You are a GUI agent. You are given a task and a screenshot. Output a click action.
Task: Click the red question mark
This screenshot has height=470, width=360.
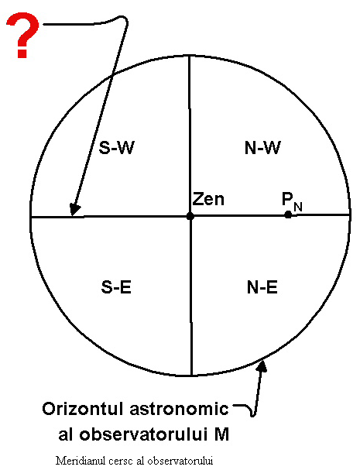(22, 35)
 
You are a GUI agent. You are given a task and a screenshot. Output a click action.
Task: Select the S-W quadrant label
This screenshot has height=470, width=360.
(116, 147)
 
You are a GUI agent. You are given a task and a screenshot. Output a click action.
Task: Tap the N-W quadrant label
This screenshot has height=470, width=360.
(262, 147)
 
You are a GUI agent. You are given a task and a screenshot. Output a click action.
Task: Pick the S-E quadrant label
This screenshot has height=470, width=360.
(116, 286)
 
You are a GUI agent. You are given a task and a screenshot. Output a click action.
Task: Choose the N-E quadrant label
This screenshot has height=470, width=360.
(262, 286)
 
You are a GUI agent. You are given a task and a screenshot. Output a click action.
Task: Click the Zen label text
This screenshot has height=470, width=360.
(208, 199)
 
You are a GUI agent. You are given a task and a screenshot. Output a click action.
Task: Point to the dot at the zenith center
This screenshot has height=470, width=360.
(190, 216)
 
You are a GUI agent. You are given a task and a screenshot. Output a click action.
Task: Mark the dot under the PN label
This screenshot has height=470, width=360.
(288, 214)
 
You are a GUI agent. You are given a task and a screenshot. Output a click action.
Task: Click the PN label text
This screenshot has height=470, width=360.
(292, 201)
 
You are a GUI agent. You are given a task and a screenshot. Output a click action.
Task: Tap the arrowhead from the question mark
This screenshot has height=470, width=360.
(74, 209)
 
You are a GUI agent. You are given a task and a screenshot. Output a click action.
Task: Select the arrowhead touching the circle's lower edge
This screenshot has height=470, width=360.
(262, 365)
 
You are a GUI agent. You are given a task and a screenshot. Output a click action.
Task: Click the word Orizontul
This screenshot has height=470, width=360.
(83, 409)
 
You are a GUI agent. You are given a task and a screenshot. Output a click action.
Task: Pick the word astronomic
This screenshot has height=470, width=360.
(179, 410)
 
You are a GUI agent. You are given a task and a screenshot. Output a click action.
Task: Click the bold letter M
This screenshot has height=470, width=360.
(221, 434)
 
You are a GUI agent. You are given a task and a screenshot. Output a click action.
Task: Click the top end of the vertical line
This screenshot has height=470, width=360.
(189, 56)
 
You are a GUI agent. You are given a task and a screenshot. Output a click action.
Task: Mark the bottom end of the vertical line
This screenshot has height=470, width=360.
(191, 375)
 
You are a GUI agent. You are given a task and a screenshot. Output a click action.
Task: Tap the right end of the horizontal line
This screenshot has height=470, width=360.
(349, 214)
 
